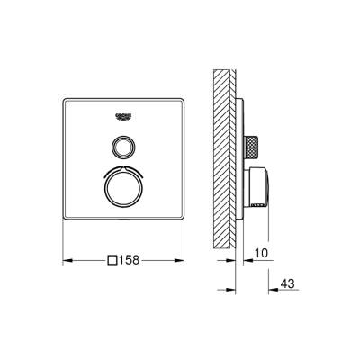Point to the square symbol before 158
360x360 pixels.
click(112, 261)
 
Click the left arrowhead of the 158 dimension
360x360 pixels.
click(67, 261)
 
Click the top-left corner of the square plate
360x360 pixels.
click(66, 96)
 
